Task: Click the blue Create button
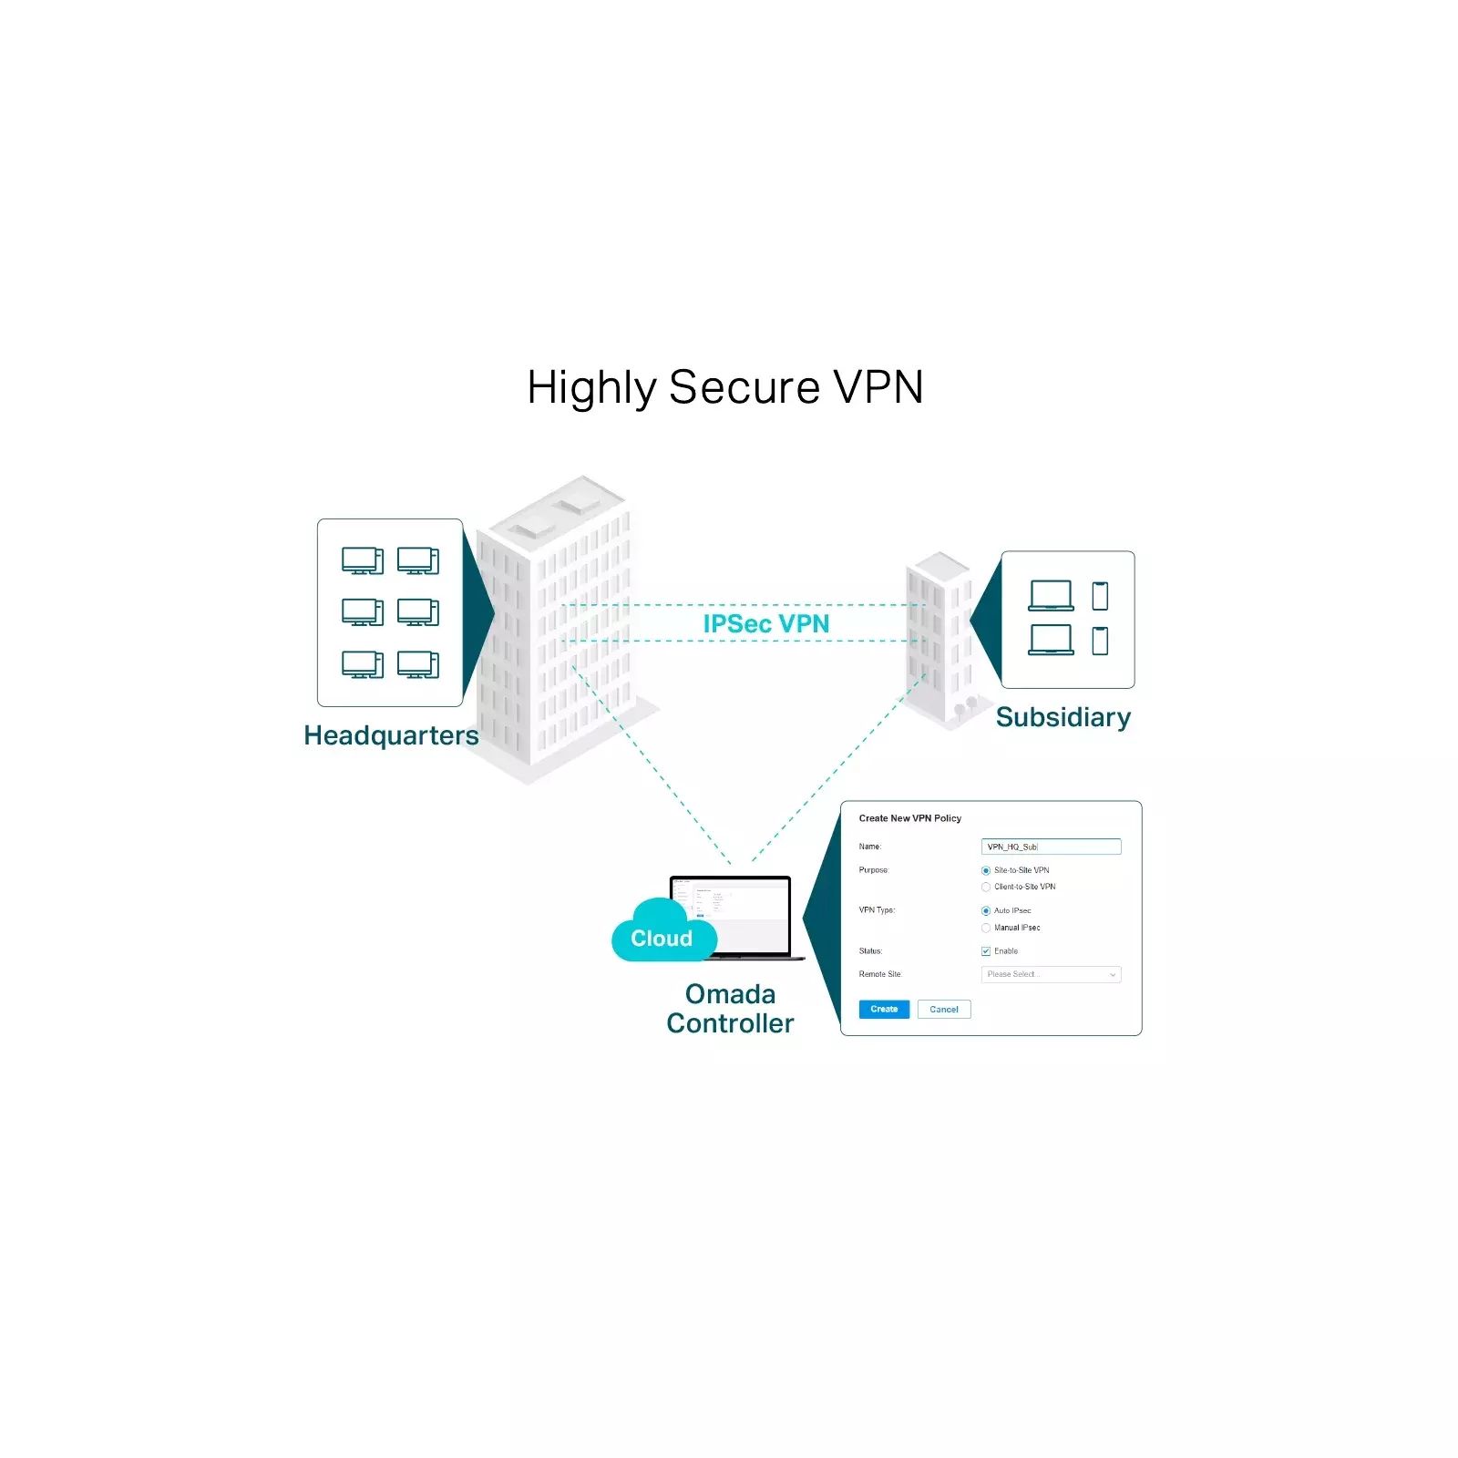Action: (x=883, y=1009)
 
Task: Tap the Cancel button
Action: (x=943, y=1009)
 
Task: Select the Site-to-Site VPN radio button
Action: (x=985, y=870)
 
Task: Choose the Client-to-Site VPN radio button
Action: (x=985, y=887)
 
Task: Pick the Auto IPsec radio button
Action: (x=985, y=910)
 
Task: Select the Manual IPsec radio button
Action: (x=985, y=928)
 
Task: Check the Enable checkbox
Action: (x=985, y=950)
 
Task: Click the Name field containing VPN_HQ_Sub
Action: (x=1050, y=847)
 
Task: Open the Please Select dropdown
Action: (x=1050, y=974)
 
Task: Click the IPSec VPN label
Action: (x=765, y=623)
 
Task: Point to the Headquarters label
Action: (x=391, y=735)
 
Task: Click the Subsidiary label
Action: (x=1063, y=717)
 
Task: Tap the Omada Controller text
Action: (x=730, y=1008)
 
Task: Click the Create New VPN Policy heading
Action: (x=909, y=818)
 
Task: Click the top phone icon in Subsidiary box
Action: (x=1100, y=596)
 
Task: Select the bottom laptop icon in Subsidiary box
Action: (x=1051, y=640)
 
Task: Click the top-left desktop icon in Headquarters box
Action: (x=362, y=560)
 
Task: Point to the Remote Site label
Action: (x=879, y=974)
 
